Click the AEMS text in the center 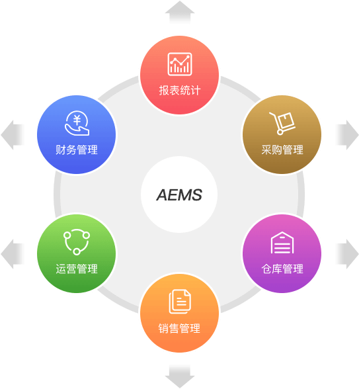pyautogui.click(x=179, y=194)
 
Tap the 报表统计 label pyautogui.click(x=180, y=90)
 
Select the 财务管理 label pyautogui.click(x=77, y=150)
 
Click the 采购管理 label pyautogui.click(x=282, y=150)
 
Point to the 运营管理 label pyautogui.click(x=77, y=269)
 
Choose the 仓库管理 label pyautogui.click(x=282, y=269)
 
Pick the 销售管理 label pyautogui.click(x=180, y=328)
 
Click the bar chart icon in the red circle pyautogui.click(x=180, y=64)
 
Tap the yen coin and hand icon pyautogui.click(x=77, y=123)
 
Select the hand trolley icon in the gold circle pyautogui.click(x=282, y=123)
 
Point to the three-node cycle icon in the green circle pyautogui.click(x=77, y=242)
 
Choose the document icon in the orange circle pyautogui.click(x=180, y=302)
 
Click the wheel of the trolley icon pyautogui.click(x=280, y=132)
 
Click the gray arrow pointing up pyautogui.click(x=180, y=13)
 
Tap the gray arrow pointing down pyautogui.click(x=180, y=376)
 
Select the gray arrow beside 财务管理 pyautogui.click(x=13, y=135)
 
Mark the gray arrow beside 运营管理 pyautogui.click(x=13, y=254)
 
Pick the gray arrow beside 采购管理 pyautogui.click(x=347, y=135)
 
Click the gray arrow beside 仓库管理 pyautogui.click(x=347, y=254)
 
